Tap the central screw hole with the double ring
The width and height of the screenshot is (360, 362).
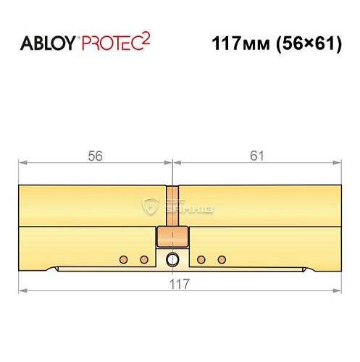[x=172, y=260]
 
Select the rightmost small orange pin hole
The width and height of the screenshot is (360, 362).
[x=222, y=259]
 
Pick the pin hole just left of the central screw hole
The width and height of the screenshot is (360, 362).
[x=143, y=259]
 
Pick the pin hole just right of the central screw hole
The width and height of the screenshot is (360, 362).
[x=201, y=259]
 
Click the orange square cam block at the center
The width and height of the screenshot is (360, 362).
[x=172, y=236]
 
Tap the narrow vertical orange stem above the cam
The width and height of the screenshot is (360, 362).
[x=172, y=206]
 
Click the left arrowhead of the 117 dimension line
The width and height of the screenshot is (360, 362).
[x=22, y=291]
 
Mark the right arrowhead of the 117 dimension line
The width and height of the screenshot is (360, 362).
[x=338, y=291]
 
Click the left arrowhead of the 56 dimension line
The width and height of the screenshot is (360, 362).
[x=22, y=163]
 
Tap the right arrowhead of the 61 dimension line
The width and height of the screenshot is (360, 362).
[x=338, y=163]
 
